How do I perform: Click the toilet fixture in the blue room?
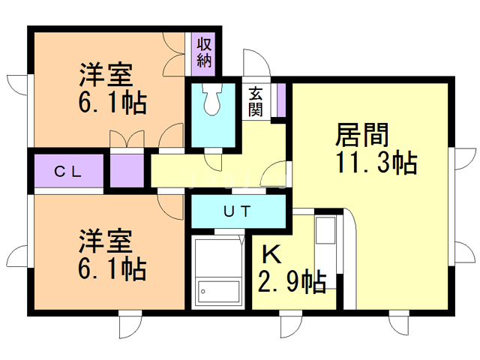pyautogui.click(x=211, y=99)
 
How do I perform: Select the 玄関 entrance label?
pyautogui.click(x=256, y=102)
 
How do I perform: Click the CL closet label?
pyautogui.click(x=68, y=172)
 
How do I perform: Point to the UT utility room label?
pyautogui.click(x=237, y=211)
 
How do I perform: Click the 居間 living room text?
pyautogui.click(x=361, y=135)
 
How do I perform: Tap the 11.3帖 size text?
pyautogui.click(x=376, y=163)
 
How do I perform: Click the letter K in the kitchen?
pyautogui.click(x=271, y=255)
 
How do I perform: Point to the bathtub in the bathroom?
pyautogui.click(x=218, y=292)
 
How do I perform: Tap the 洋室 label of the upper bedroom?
pyautogui.click(x=106, y=75)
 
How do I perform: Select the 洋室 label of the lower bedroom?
pyautogui.click(x=106, y=241)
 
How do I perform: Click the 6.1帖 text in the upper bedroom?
pyautogui.click(x=112, y=103)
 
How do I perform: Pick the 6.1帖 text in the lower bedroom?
pyautogui.click(x=112, y=269)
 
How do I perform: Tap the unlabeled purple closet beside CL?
pyautogui.click(x=127, y=171)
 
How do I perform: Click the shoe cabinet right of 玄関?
pyautogui.click(x=281, y=100)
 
